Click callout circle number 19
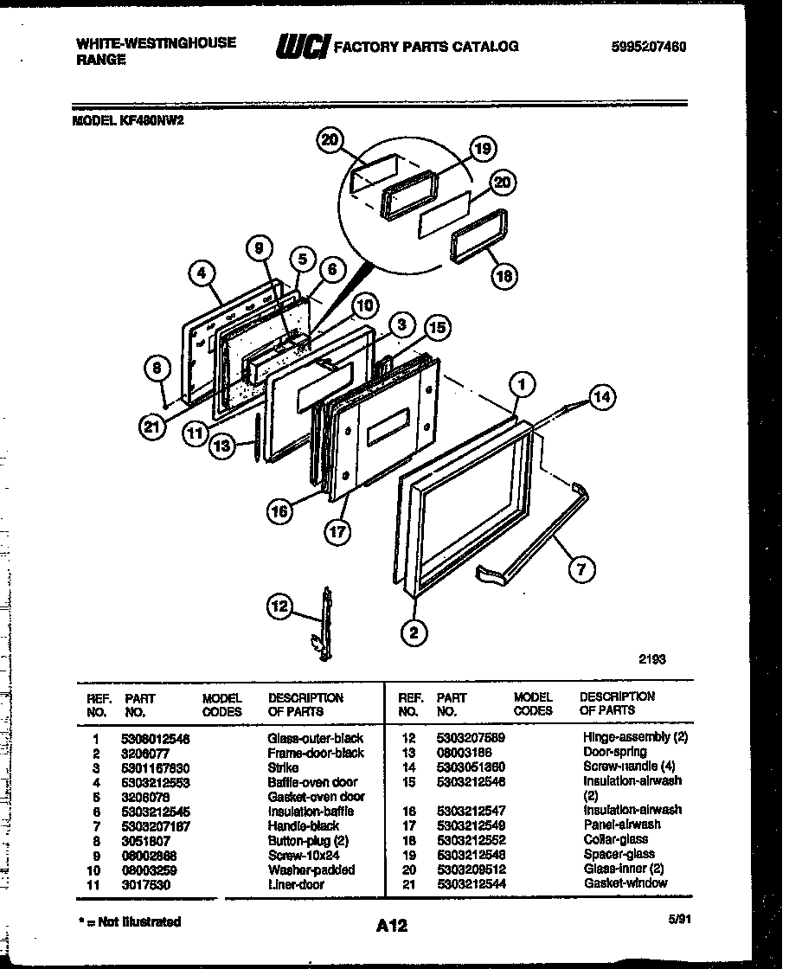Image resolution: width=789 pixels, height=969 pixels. (483, 150)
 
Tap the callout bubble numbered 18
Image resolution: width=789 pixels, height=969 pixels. (503, 276)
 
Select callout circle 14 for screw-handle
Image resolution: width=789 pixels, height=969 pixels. (602, 397)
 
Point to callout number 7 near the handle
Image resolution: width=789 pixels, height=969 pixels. (582, 569)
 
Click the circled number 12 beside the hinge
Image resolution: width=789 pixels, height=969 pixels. (280, 608)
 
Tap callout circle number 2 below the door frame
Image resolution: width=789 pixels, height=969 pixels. (414, 634)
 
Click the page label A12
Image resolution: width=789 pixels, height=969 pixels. (391, 926)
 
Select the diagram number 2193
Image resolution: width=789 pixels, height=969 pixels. (653, 658)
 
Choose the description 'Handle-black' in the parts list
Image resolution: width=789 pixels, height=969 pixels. (303, 825)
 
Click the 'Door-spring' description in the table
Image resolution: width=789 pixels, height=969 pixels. (614, 752)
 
